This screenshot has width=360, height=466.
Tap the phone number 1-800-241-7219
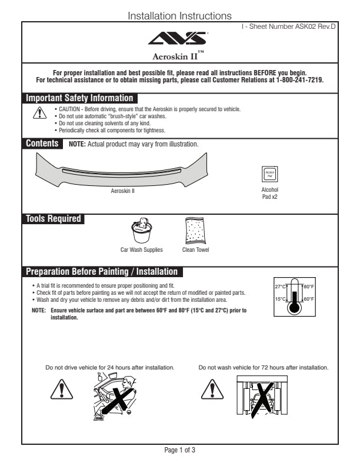click(x=300, y=79)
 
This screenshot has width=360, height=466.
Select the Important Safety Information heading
click(x=80, y=98)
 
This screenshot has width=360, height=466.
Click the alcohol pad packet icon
click(x=269, y=174)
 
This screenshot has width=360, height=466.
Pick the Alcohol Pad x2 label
click(x=269, y=193)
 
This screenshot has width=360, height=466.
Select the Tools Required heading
click(x=53, y=219)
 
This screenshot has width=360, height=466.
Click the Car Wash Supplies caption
click(x=142, y=249)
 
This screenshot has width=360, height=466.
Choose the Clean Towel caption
click(x=195, y=249)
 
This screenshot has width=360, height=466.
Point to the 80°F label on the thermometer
click(x=309, y=287)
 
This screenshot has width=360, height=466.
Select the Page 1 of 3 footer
click(x=179, y=451)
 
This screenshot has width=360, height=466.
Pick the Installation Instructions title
click(x=179, y=16)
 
